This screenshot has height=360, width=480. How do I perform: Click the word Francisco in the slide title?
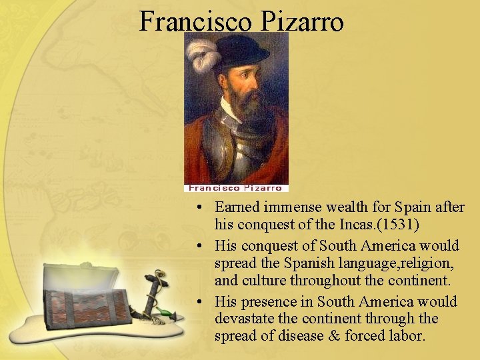pos(195,22)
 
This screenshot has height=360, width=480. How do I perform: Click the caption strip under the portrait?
pos(236,188)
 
